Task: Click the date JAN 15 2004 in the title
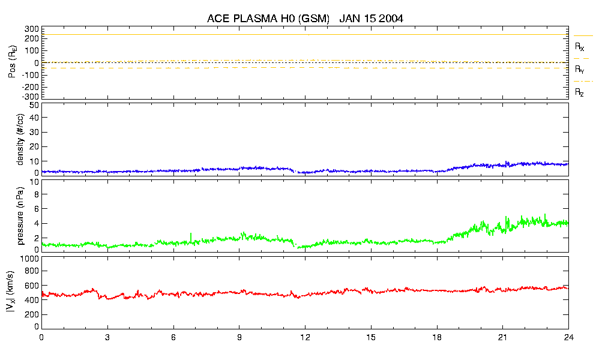point(371,19)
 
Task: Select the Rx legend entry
point(580,46)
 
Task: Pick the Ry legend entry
point(580,70)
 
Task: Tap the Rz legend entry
point(580,92)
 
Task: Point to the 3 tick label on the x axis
point(107,337)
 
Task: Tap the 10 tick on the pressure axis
point(34,194)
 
